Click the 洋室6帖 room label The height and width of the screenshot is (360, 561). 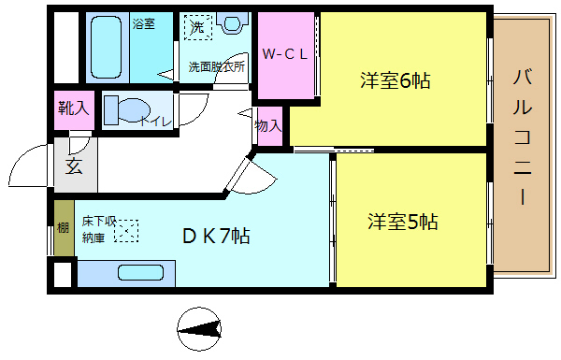point(395,80)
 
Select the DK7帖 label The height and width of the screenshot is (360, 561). point(214,236)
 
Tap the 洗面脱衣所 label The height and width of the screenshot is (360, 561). point(217,67)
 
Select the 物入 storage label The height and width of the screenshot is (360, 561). point(267,124)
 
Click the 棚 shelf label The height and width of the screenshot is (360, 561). point(62,227)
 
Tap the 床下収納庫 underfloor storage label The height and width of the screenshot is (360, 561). point(97,229)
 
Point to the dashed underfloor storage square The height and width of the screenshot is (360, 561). point(125,230)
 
